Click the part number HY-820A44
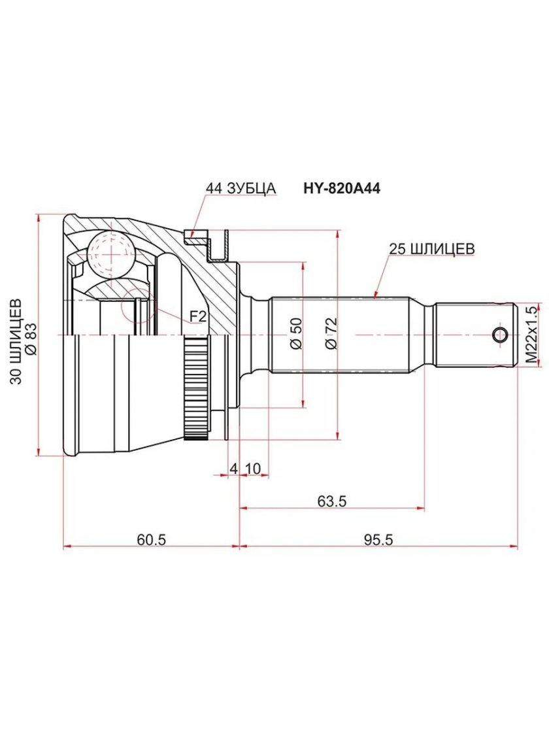point(341,188)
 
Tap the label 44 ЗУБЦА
point(241,188)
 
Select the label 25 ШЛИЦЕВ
point(431,249)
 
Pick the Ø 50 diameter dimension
point(295,334)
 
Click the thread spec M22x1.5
point(531,333)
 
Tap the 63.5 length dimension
point(331,501)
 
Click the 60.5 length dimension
point(152,540)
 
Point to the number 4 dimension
point(233,468)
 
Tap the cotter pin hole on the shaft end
point(500,335)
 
